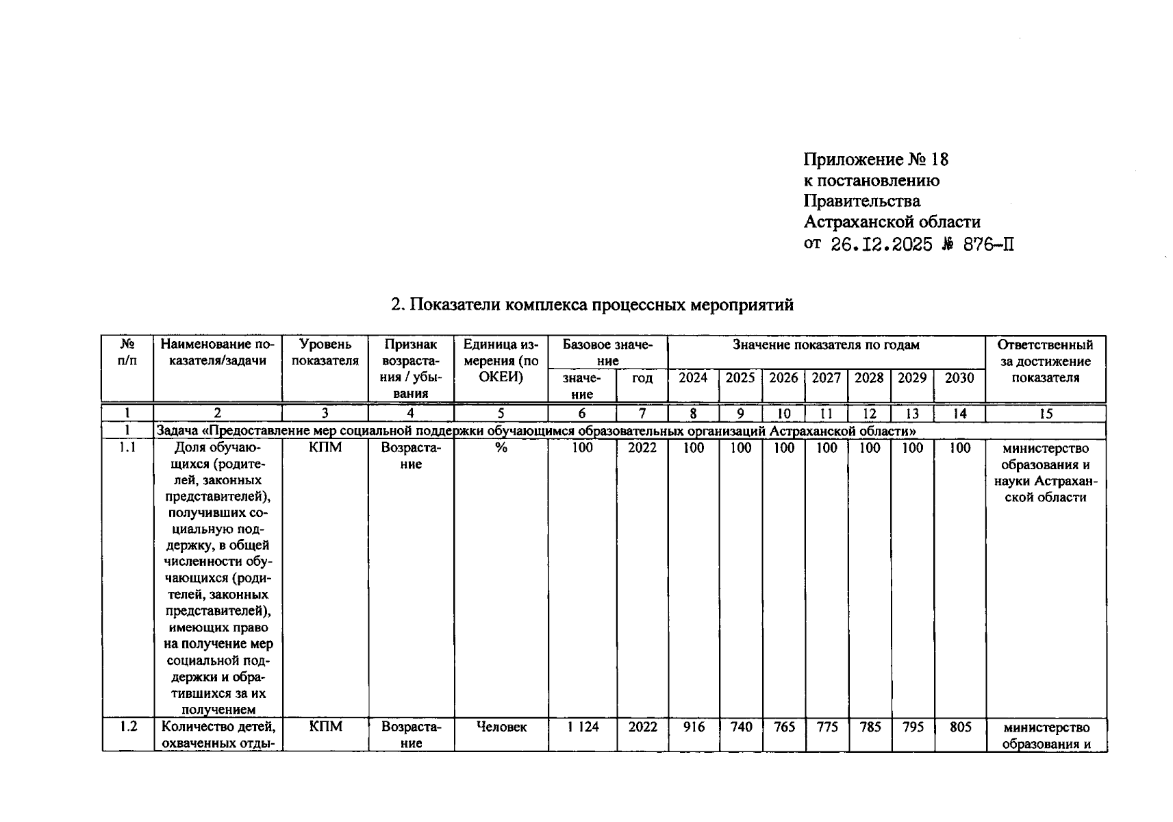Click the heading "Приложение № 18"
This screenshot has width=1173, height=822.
(x=876, y=160)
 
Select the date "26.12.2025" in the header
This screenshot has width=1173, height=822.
(x=881, y=245)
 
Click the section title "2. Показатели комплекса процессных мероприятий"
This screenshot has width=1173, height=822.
(x=592, y=305)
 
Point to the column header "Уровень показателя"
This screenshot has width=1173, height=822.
(x=325, y=353)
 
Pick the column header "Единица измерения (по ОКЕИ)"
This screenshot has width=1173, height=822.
(x=501, y=361)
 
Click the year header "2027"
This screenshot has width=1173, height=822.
(x=827, y=378)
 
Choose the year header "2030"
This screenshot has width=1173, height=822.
(x=959, y=378)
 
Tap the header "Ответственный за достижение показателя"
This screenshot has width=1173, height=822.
(x=1046, y=361)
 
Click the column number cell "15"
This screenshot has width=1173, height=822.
(x=1046, y=414)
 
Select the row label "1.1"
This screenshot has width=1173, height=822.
(x=127, y=448)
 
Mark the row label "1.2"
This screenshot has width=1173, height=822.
(x=128, y=727)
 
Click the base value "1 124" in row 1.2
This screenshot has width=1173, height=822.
(x=582, y=727)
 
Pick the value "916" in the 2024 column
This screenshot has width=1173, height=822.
(x=694, y=727)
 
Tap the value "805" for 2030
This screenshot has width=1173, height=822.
(x=960, y=727)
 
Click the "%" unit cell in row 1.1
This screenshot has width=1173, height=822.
(x=501, y=448)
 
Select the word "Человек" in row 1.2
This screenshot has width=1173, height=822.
(x=501, y=727)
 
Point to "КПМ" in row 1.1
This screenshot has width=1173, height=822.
(x=325, y=448)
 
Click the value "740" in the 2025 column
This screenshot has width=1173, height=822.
(x=741, y=727)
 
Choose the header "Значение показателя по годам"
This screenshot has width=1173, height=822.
(x=826, y=345)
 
